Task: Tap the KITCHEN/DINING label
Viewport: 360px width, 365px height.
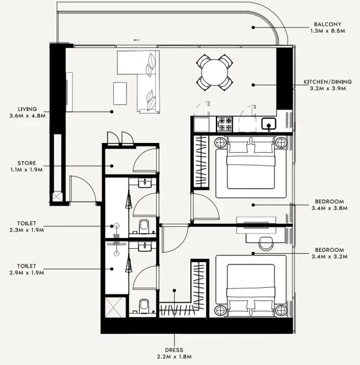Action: (325, 82)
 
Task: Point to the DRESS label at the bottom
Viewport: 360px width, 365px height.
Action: (175, 349)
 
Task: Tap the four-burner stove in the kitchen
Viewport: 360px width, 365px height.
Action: (224, 123)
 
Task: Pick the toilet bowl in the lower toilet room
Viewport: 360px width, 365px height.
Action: (144, 305)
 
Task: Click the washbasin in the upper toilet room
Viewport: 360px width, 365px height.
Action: (144, 183)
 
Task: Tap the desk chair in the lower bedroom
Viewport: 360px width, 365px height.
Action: (266, 242)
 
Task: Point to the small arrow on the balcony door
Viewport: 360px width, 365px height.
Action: (135, 41)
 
